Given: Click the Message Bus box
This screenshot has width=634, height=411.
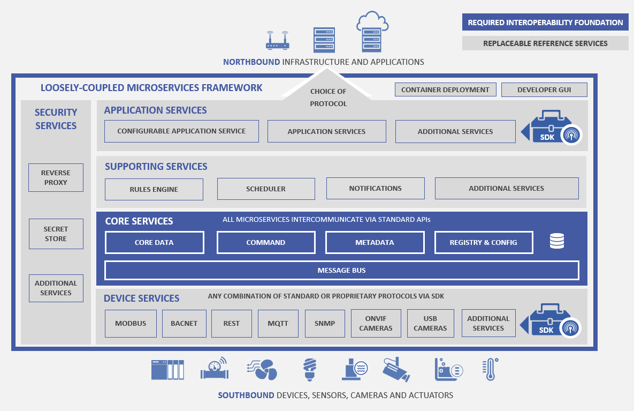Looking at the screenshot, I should tap(341, 270).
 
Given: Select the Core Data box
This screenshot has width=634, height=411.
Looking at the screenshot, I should tap(154, 242).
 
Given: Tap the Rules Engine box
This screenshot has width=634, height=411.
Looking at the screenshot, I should tap(154, 189).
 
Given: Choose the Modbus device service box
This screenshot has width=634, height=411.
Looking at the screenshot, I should tap(131, 323).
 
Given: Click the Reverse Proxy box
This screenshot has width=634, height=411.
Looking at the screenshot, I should tap(56, 177).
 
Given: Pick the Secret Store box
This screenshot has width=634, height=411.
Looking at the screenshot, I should tap(56, 234).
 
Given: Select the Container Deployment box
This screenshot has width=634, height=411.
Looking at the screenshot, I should tap(445, 89).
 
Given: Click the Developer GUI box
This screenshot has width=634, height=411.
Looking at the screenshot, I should tap(544, 89).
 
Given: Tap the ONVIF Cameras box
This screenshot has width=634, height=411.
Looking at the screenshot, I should tap(376, 323).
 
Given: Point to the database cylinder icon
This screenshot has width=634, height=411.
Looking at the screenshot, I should tap(557, 242).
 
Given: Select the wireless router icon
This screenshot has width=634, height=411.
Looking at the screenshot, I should tap(277, 41).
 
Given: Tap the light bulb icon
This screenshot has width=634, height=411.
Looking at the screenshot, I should tap(309, 369).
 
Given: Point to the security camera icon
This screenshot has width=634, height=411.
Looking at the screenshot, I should tap(396, 369).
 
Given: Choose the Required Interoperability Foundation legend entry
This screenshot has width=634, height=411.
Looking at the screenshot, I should tap(545, 23).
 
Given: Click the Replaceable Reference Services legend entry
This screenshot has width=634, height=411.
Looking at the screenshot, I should tap(545, 43).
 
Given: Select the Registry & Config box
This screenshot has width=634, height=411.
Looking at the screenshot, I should tap(483, 242).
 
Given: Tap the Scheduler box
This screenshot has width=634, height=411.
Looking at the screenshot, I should tap(265, 189).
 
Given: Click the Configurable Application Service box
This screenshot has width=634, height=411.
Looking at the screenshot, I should tap(181, 131).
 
